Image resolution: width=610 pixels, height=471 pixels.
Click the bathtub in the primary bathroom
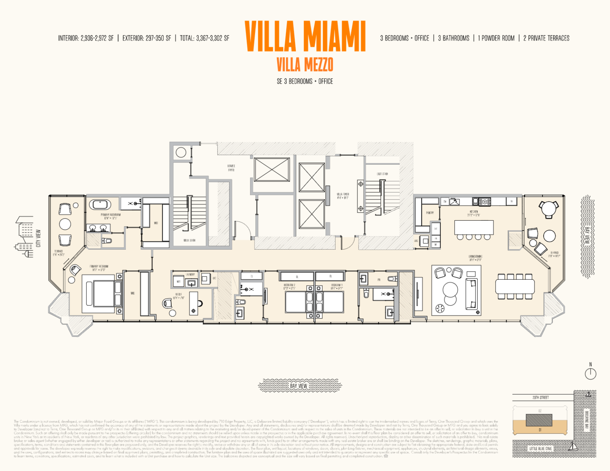pos(100,205)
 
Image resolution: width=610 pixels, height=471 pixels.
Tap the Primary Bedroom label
pos(99,268)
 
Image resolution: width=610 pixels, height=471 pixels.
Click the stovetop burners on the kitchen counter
pos(485,202)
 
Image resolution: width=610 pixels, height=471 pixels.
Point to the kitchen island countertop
pos(474,227)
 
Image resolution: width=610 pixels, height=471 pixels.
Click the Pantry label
pos(430,213)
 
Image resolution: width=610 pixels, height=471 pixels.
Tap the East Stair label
pos(382,174)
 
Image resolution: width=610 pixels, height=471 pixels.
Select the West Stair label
pos(189,240)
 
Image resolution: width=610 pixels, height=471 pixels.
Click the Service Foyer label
pos(231,168)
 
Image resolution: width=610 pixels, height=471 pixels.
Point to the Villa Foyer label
pos(343,196)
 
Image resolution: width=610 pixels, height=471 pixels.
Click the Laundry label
pos(190,274)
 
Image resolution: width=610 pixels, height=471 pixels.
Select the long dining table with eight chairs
pos(515,286)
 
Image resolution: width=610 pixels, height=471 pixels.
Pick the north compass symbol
pos(591,373)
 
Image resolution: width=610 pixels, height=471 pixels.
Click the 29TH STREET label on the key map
pos(541,397)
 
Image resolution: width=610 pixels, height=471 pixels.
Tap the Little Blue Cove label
pos(540,448)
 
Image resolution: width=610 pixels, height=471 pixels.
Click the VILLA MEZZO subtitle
pos(305,64)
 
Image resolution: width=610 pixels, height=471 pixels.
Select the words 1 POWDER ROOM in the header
pos(496,38)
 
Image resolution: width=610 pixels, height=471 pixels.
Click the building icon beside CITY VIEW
pos(25,236)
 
